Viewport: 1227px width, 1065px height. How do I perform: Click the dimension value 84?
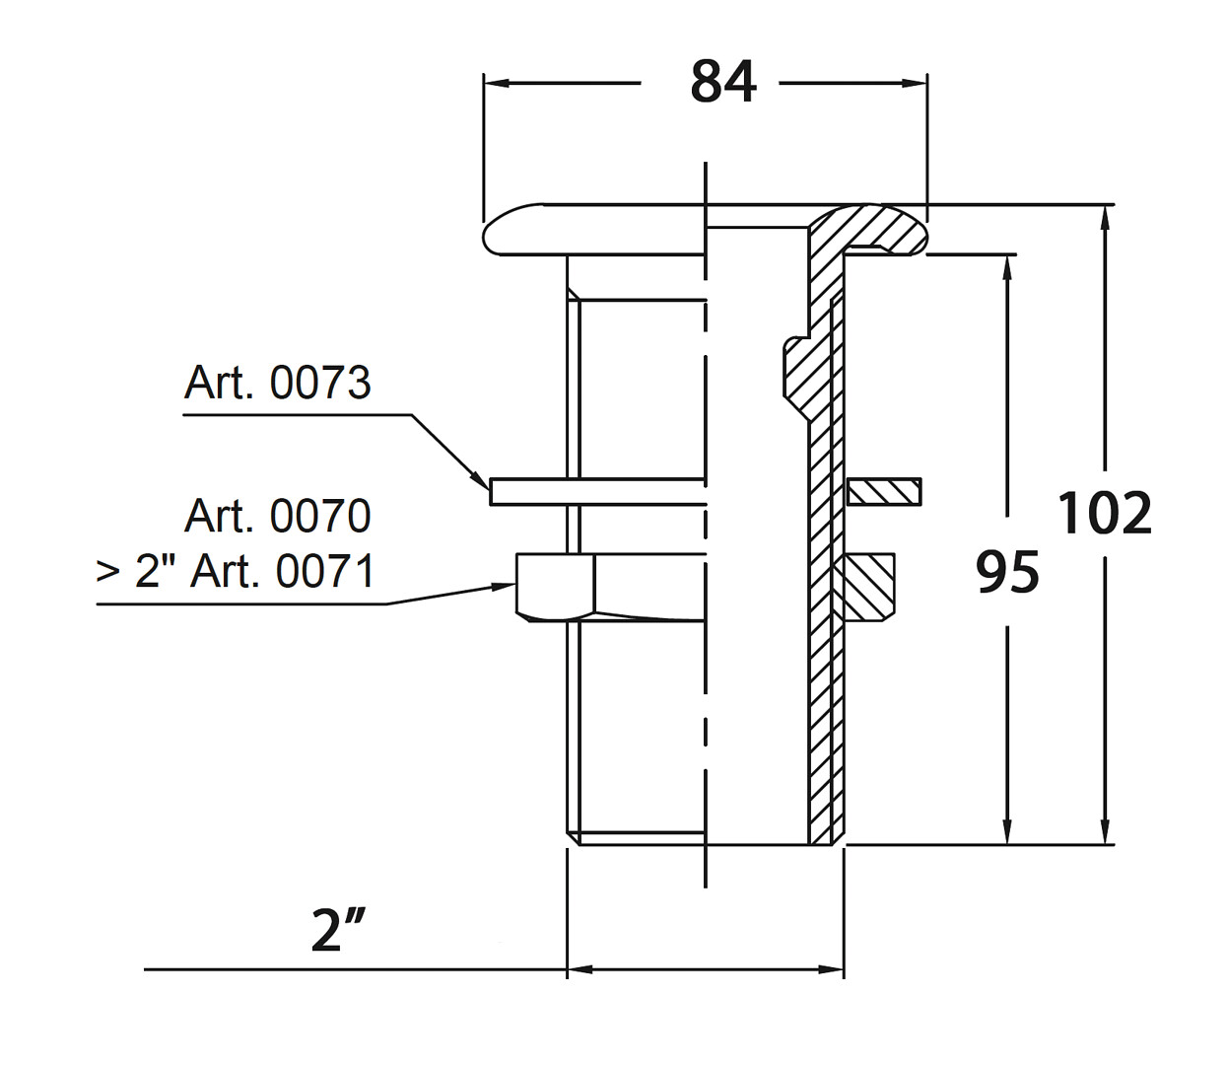pyautogui.click(x=723, y=82)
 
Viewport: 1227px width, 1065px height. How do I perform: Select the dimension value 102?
pyautogui.click(x=1104, y=513)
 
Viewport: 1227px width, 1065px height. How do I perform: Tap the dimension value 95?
pyautogui.click(x=1007, y=571)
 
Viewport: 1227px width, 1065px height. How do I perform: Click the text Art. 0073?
pyautogui.click(x=277, y=383)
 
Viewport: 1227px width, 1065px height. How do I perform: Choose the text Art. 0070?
pyautogui.click(x=278, y=516)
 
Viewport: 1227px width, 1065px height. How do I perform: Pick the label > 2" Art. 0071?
pyautogui.click(x=236, y=571)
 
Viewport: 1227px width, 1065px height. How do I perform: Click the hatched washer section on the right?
pyautogui.click(x=884, y=491)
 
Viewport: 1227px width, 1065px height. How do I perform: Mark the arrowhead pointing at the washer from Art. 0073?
pyautogui.click(x=482, y=483)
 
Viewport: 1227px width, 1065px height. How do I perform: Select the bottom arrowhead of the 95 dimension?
pyautogui.click(x=1007, y=832)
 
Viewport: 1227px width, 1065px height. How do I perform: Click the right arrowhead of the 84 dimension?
pyautogui.click(x=916, y=84)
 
